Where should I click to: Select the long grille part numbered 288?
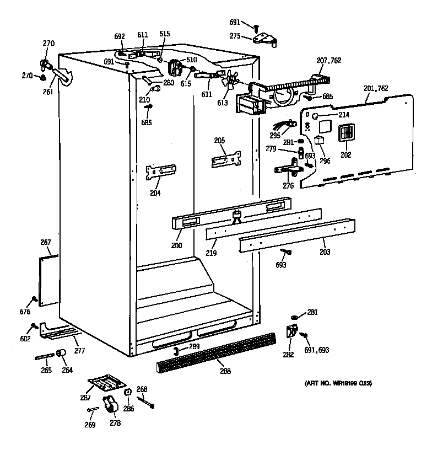[215, 354]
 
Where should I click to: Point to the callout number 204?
[155, 193]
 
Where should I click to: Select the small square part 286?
[128, 393]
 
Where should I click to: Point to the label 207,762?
[328, 60]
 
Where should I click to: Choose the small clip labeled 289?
[175, 351]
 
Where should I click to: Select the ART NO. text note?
[338, 383]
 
